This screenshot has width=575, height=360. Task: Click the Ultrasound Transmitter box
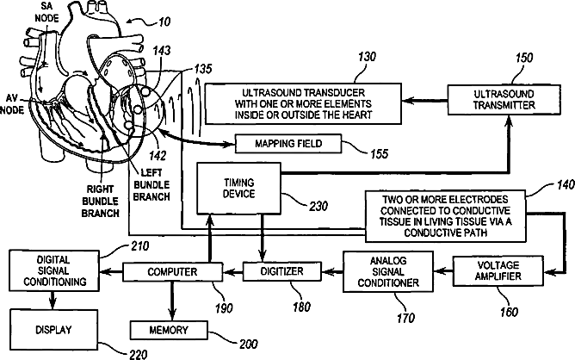[504, 100]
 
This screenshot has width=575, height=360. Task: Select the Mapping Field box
[288, 144]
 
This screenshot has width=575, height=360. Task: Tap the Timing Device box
[238, 189]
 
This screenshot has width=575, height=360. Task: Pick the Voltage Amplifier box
[498, 270]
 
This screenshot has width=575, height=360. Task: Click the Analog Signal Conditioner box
[388, 271]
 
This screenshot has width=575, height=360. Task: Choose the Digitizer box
[281, 271]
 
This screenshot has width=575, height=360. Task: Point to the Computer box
[172, 272]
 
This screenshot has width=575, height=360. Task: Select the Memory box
[169, 330]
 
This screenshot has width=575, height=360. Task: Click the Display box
[53, 330]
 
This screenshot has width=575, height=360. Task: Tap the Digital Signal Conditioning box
[54, 270]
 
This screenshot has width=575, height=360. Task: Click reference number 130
[367, 57]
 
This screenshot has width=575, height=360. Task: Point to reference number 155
[379, 154]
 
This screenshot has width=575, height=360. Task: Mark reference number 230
[318, 206]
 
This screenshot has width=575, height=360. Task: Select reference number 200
[248, 344]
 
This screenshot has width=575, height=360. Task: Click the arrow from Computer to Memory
[171, 301]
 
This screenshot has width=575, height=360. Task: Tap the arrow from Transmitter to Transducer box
[424, 100]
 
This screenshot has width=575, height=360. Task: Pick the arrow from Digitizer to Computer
[233, 272]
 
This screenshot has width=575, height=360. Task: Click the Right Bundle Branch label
[100, 202]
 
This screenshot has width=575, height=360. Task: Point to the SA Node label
[46, 12]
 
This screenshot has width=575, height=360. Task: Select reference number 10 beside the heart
[164, 22]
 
